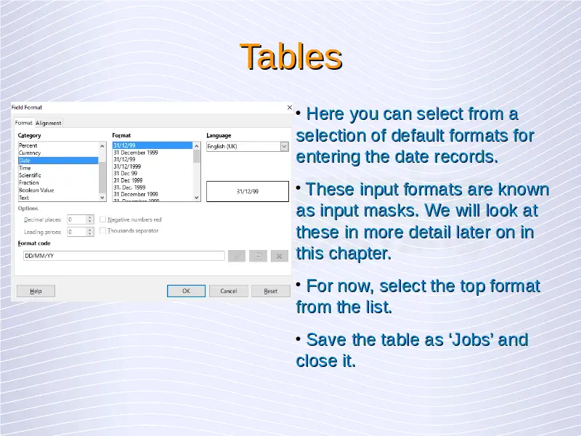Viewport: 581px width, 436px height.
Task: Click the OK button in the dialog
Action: pyautogui.click(x=186, y=291)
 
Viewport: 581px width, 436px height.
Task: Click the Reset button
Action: pyautogui.click(x=270, y=291)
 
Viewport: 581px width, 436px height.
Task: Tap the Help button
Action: pyautogui.click(x=36, y=291)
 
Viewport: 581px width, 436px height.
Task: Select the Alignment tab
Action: pyautogui.click(x=49, y=123)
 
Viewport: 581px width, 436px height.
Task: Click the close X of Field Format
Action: pyautogui.click(x=289, y=108)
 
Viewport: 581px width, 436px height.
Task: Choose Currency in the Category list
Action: pyautogui.click(x=30, y=153)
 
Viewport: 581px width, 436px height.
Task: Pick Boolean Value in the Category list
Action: pyautogui.click(x=36, y=190)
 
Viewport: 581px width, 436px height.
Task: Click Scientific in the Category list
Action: pyautogui.click(x=30, y=175)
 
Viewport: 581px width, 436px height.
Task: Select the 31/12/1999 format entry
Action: pyautogui.click(x=127, y=166)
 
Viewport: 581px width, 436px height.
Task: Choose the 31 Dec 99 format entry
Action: pyautogui.click(x=125, y=173)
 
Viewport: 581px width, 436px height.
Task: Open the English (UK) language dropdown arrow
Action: pyautogui.click(x=284, y=147)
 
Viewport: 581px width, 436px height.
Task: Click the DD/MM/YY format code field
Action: pyautogui.click(x=123, y=256)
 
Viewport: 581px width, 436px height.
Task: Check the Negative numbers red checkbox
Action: pyautogui.click(x=102, y=219)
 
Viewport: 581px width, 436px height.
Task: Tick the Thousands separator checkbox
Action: pyautogui.click(x=102, y=230)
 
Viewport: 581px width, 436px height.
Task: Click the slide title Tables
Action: pyautogui.click(x=291, y=57)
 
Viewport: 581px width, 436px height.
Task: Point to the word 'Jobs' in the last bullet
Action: pyautogui.click(x=471, y=339)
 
